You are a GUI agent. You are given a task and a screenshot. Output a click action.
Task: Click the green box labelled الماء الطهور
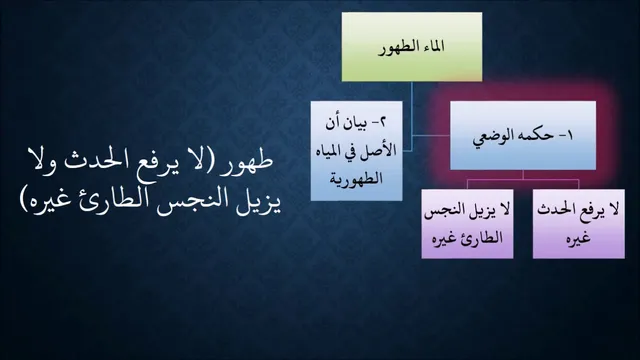(412, 47)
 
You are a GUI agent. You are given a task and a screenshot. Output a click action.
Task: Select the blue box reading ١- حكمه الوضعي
(523, 136)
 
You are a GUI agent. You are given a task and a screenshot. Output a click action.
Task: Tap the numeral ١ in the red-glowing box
(569, 136)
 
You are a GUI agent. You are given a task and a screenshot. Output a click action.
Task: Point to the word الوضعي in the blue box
(493, 137)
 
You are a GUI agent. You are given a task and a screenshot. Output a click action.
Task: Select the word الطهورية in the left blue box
(356, 179)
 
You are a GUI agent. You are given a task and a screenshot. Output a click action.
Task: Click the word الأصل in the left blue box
(379, 150)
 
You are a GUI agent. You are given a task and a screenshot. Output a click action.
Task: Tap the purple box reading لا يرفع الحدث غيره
(579, 224)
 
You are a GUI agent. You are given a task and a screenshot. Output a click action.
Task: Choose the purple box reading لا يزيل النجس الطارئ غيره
(467, 224)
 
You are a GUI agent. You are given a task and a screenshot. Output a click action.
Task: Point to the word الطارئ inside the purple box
(482, 238)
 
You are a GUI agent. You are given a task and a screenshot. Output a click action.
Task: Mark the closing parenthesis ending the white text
(23, 201)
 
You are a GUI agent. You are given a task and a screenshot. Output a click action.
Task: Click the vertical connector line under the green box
(411, 116)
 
